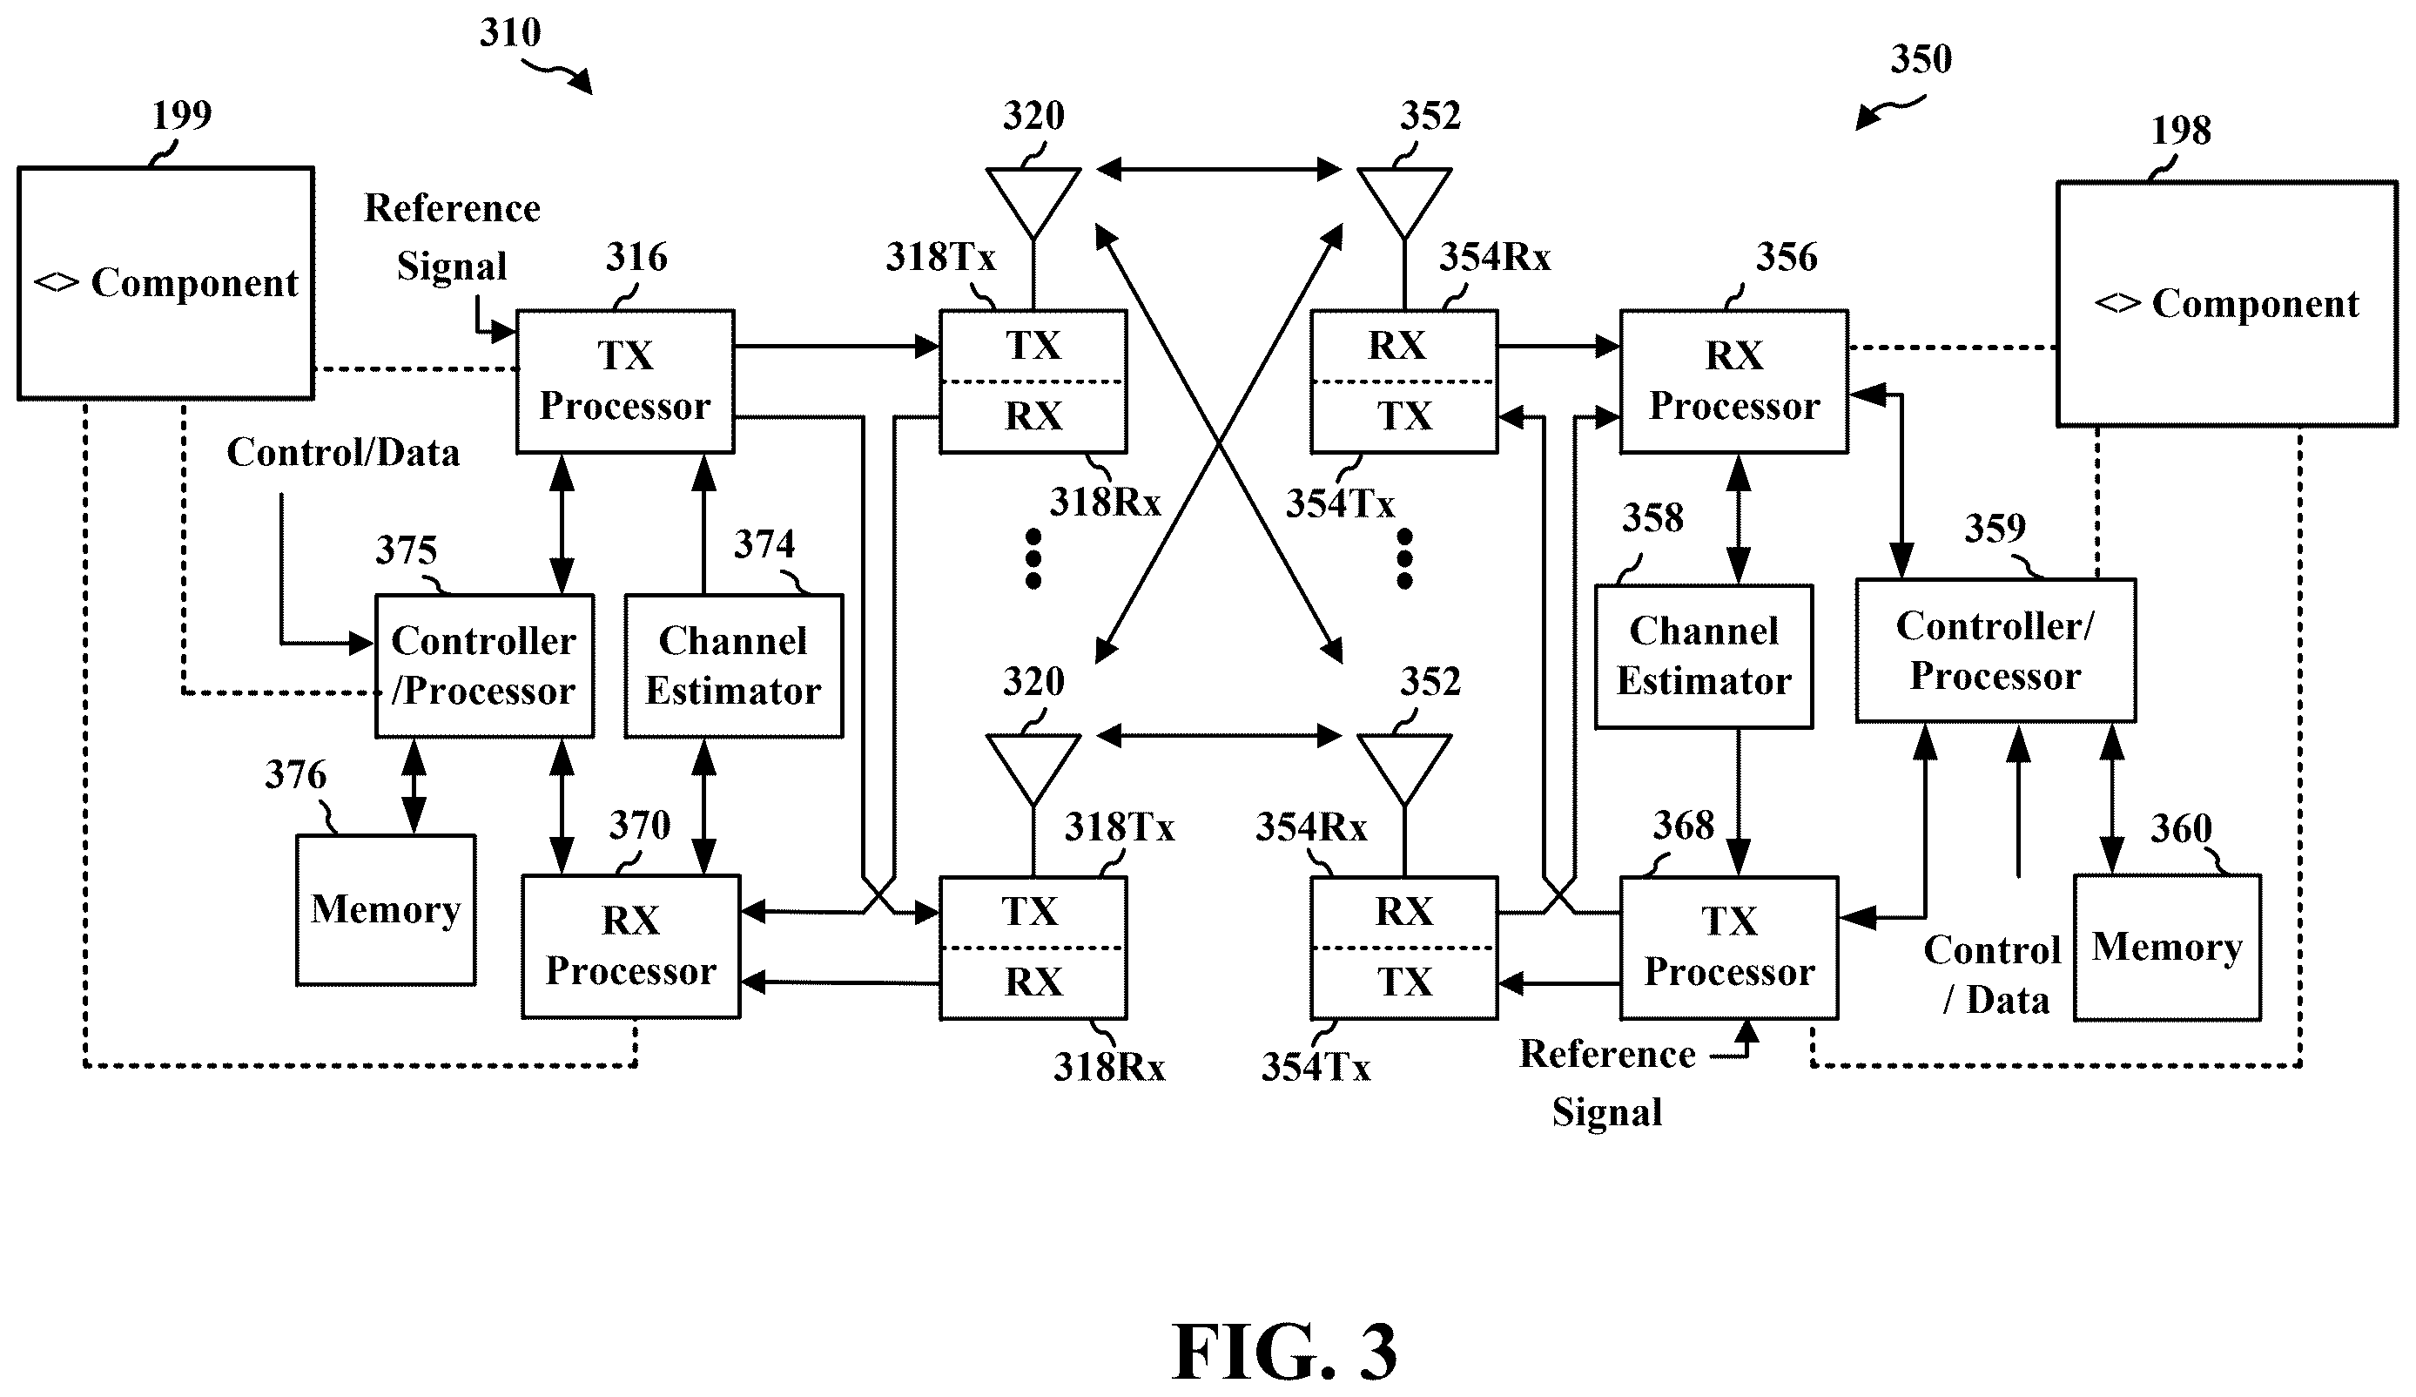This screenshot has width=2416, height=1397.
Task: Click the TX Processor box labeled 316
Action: click(x=625, y=381)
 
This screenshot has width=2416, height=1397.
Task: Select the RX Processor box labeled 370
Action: click(x=631, y=947)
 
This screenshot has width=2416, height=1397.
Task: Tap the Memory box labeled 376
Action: click(x=386, y=910)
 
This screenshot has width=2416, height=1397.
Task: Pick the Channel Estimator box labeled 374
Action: click(x=733, y=665)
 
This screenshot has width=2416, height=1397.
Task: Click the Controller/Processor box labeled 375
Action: click(x=484, y=665)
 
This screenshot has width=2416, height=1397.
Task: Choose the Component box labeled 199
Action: click(x=166, y=283)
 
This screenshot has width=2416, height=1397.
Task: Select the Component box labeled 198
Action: click(x=2226, y=304)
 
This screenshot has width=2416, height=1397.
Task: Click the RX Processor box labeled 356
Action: click(x=1733, y=381)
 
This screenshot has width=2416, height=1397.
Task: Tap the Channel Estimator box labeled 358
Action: click(x=1704, y=657)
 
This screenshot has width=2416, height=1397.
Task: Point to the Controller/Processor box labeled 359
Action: click(x=1995, y=650)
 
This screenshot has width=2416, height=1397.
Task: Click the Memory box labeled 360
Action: click(x=2167, y=948)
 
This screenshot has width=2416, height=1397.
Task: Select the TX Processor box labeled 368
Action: click(x=1728, y=948)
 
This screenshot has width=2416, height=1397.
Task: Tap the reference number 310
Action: click(x=510, y=34)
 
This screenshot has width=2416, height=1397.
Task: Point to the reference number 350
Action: click(x=1921, y=59)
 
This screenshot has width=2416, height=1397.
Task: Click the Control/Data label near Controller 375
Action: click(x=343, y=453)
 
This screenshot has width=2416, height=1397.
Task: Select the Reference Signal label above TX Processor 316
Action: click(x=453, y=237)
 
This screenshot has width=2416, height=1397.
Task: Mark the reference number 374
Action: click(x=764, y=544)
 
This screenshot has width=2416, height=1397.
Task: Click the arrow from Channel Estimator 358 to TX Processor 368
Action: click(x=1738, y=802)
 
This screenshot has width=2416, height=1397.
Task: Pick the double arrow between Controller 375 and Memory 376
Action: click(x=414, y=786)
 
